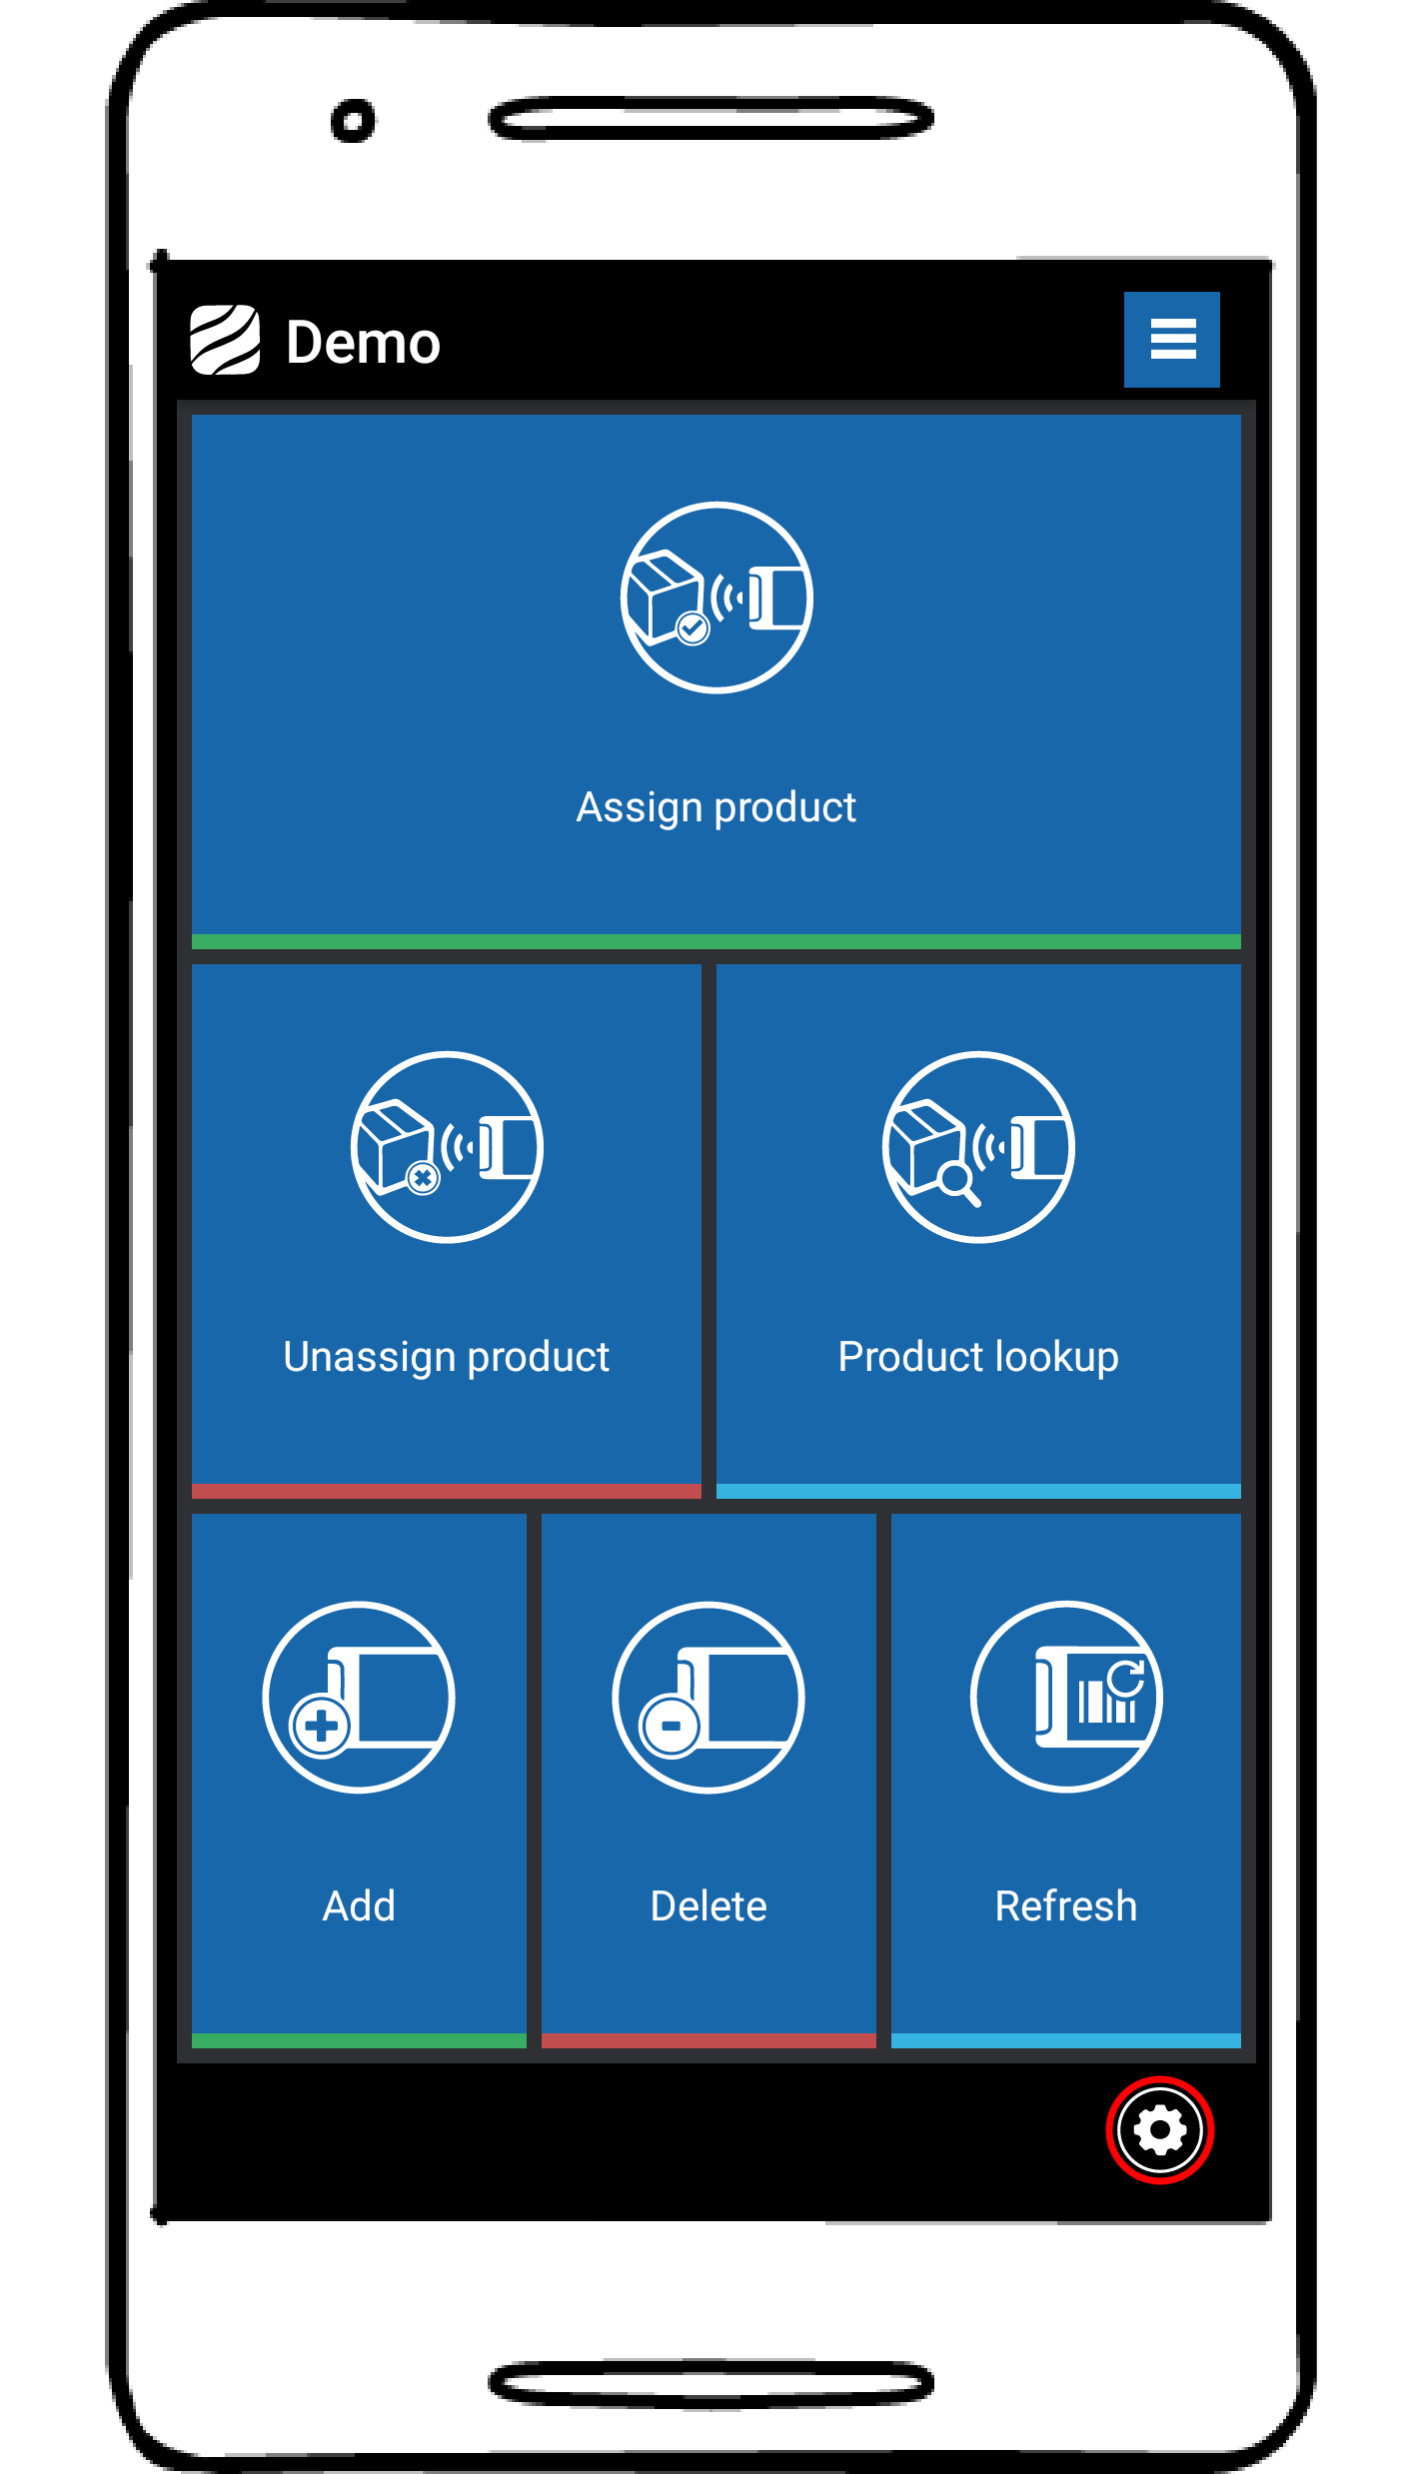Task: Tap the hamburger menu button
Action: pyautogui.click(x=1171, y=339)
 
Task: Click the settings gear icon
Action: pyautogui.click(x=1159, y=2129)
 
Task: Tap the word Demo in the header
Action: pyautogui.click(x=363, y=343)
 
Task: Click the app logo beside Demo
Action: pyautogui.click(x=225, y=340)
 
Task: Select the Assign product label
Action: pyautogui.click(x=715, y=807)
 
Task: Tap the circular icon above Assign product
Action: pyautogui.click(x=715, y=598)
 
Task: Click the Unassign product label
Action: pyautogui.click(x=446, y=1357)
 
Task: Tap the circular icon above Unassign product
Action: pyautogui.click(x=447, y=1147)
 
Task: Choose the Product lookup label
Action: pyautogui.click(x=977, y=1357)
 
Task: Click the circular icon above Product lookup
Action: pyautogui.click(x=978, y=1147)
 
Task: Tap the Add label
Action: pyautogui.click(x=359, y=1906)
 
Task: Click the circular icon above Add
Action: pyautogui.click(x=359, y=1697)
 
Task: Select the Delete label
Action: pyautogui.click(x=709, y=1906)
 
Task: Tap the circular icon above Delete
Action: pyautogui.click(x=709, y=1697)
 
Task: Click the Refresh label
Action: pyautogui.click(x=1065, y=1906)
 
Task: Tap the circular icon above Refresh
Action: pyautogui.click(x=1066, y=1697)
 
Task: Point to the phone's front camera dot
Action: pyautogui.click(x=353, y=121)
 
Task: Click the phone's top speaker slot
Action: pyautogui.click(x=710, y=119)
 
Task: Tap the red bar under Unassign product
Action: pyautogui.click(x=446, y=1491)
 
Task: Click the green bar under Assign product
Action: pyautogui.click(x=715, y=941)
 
